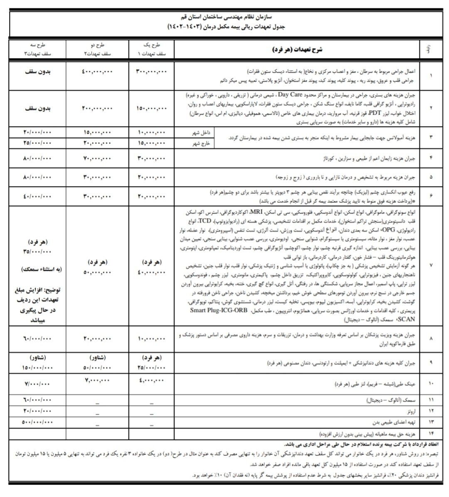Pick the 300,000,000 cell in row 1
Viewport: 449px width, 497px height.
click(151, 72)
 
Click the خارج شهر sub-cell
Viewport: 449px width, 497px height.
click(202, 143)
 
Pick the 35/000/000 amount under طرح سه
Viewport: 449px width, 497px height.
click(36, 252)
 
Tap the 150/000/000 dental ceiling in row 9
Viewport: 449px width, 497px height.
click(36, 368)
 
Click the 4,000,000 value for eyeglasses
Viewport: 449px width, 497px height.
click(151, 380)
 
